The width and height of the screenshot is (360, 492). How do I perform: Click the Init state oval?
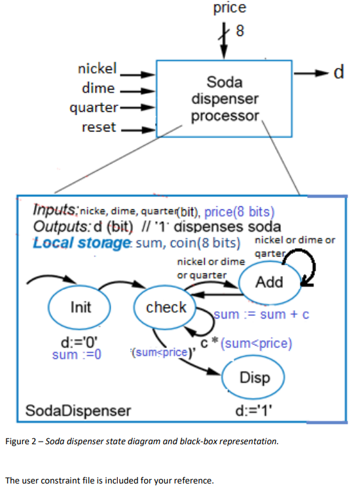pos(81,307)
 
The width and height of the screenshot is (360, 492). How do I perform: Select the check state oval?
pos(166,307)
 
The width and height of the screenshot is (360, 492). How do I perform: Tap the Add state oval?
pos(269,282)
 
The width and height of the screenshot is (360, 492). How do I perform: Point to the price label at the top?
pos(230,8)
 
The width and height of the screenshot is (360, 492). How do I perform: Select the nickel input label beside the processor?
pos(97,69)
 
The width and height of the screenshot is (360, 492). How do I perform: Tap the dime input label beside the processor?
pos(98,88)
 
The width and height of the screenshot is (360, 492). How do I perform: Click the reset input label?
pos(98,127)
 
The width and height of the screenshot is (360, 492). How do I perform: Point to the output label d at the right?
pos(339,72)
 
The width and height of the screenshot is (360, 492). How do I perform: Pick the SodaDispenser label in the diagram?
pos(78,411)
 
